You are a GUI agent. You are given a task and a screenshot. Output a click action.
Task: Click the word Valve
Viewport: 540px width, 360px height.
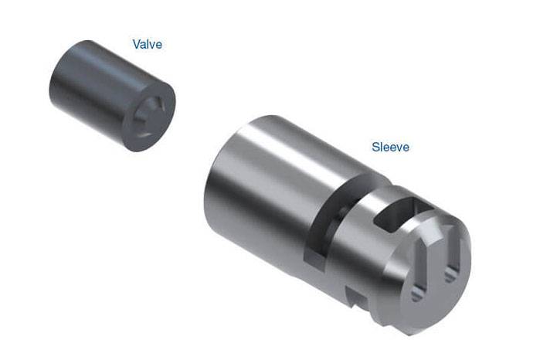tap(148, 44)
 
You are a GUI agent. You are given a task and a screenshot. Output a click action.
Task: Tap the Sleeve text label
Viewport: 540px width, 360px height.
tap(391, 147)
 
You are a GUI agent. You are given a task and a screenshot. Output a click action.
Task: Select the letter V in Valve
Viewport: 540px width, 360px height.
tap(137, 44)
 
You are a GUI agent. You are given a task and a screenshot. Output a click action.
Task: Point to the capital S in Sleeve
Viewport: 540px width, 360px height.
tap(375, 147)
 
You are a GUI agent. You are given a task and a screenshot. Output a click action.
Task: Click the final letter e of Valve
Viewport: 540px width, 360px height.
tap(159, 45)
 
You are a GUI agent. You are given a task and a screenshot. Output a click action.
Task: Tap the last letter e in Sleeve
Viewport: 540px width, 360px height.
tap(406, 148)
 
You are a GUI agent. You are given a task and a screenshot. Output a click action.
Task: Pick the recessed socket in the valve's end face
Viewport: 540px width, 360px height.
tap(151, 117)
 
